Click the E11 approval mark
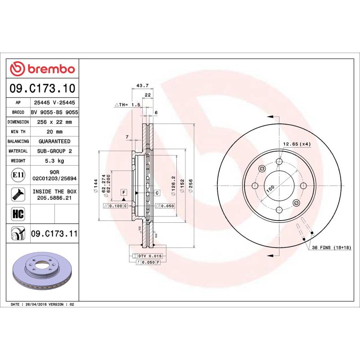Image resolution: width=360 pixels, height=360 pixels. point(18,175)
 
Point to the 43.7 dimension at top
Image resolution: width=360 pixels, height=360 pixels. point(142,85)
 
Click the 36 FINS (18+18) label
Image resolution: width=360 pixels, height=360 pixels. point(332,248)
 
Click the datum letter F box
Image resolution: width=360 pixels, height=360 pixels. point(123,193)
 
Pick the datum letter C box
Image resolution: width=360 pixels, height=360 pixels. point(157,193)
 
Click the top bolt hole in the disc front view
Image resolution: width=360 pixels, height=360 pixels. point(279,162)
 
